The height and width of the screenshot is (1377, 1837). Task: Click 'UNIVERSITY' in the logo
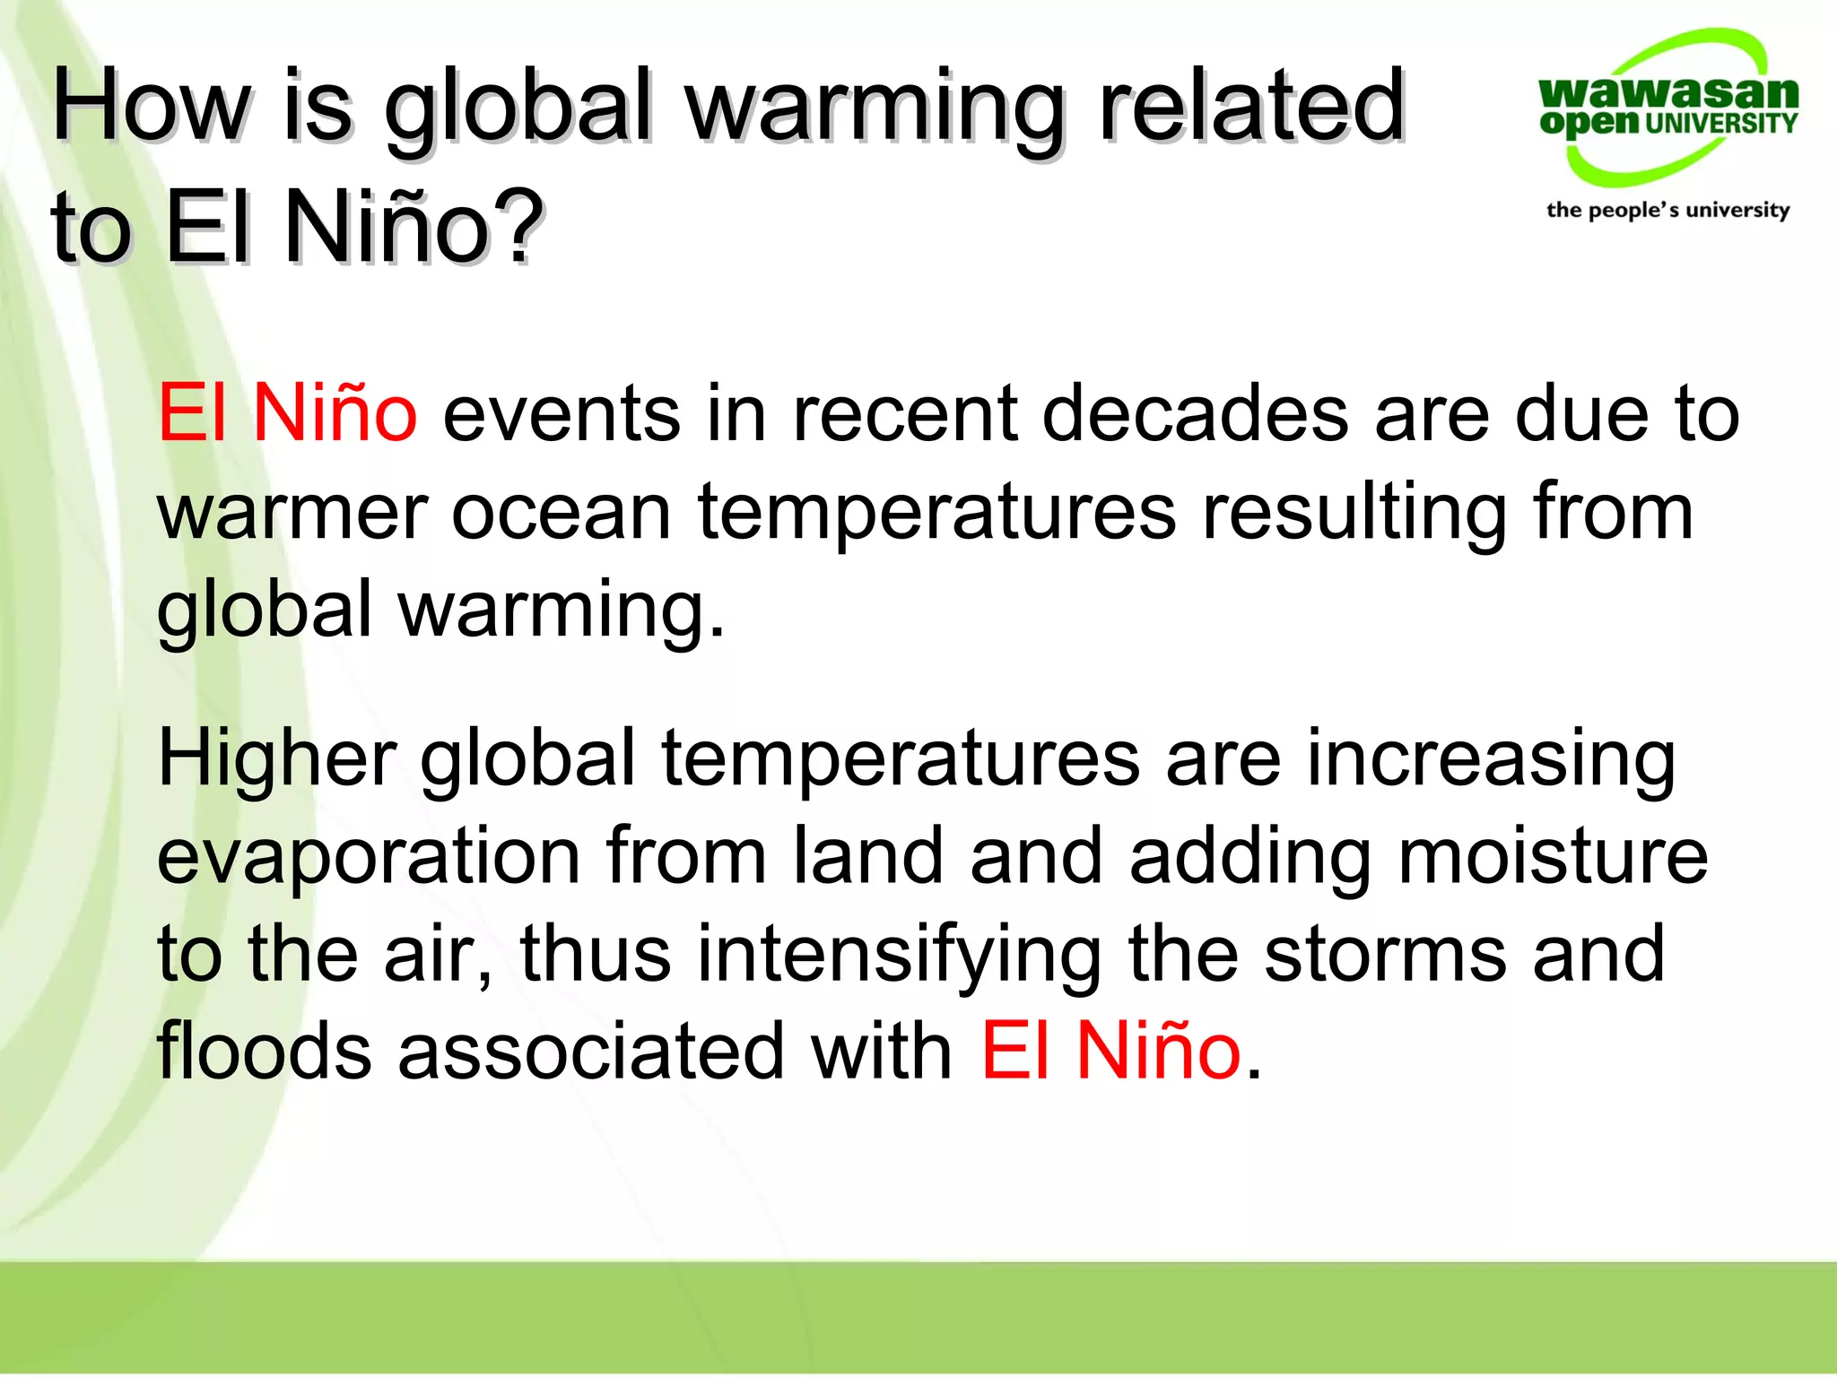(1721, 124)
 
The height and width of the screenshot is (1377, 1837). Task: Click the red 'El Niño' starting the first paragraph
(287, 413)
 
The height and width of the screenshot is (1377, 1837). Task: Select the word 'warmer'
(292, 513)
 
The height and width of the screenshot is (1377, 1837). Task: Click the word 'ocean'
(562, 513)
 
